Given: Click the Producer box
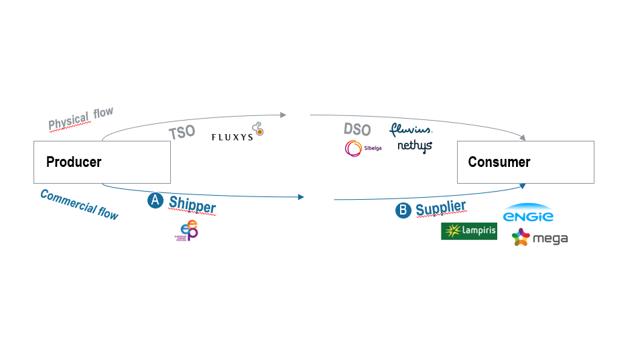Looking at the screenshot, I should coord(102,162).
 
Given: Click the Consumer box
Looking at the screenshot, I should coord(525,162).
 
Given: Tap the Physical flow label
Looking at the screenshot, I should coord(81,119).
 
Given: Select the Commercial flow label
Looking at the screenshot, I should coord(79,204).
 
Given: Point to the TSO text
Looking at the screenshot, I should coord(182,131).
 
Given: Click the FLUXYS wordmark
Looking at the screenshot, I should coord(232,137).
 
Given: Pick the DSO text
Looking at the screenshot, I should coord(357,129).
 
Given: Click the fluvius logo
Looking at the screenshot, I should coord(411,129).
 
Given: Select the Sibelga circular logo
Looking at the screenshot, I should coord(354,148).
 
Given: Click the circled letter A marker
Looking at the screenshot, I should coord(155,200).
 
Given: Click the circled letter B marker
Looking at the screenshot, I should coord(403,211).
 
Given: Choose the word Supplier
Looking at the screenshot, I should coord(440,208).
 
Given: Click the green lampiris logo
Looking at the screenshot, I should coord(468,231).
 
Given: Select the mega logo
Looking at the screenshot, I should coord(539,238).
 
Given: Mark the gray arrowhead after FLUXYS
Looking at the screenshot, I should coord(283,115).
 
